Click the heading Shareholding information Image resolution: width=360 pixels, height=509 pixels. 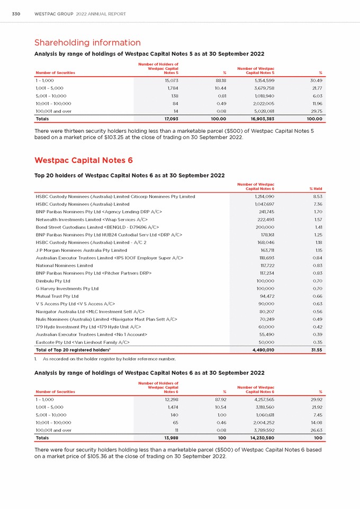pos(87,42)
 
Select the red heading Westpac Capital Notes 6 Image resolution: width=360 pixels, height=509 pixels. pos(83,160)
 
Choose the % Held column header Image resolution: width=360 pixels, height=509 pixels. pos(316,189)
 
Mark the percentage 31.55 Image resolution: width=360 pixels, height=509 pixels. pos(316,350)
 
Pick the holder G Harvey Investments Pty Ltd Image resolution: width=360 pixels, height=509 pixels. pos(67,288)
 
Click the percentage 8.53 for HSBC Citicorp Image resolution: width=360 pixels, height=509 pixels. pos(318,196)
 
